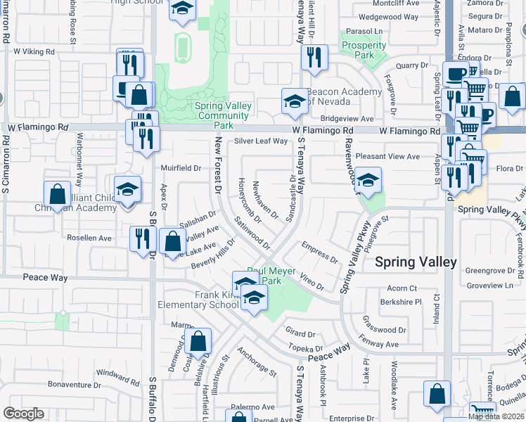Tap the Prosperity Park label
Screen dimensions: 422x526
(364, 50)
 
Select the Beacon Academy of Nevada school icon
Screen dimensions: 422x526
(295, 101)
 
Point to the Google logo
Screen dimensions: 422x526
(23, 414)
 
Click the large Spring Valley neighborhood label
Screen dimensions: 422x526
(416, 262)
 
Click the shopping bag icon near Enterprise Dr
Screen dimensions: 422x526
(437, 394)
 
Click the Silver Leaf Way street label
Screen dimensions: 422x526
(261, 141)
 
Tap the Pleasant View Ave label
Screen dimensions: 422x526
(387, 156)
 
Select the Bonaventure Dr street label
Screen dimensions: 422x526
(76, 384)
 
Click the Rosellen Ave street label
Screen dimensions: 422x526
(89, 238)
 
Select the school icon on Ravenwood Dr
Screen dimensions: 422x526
(368, 180)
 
